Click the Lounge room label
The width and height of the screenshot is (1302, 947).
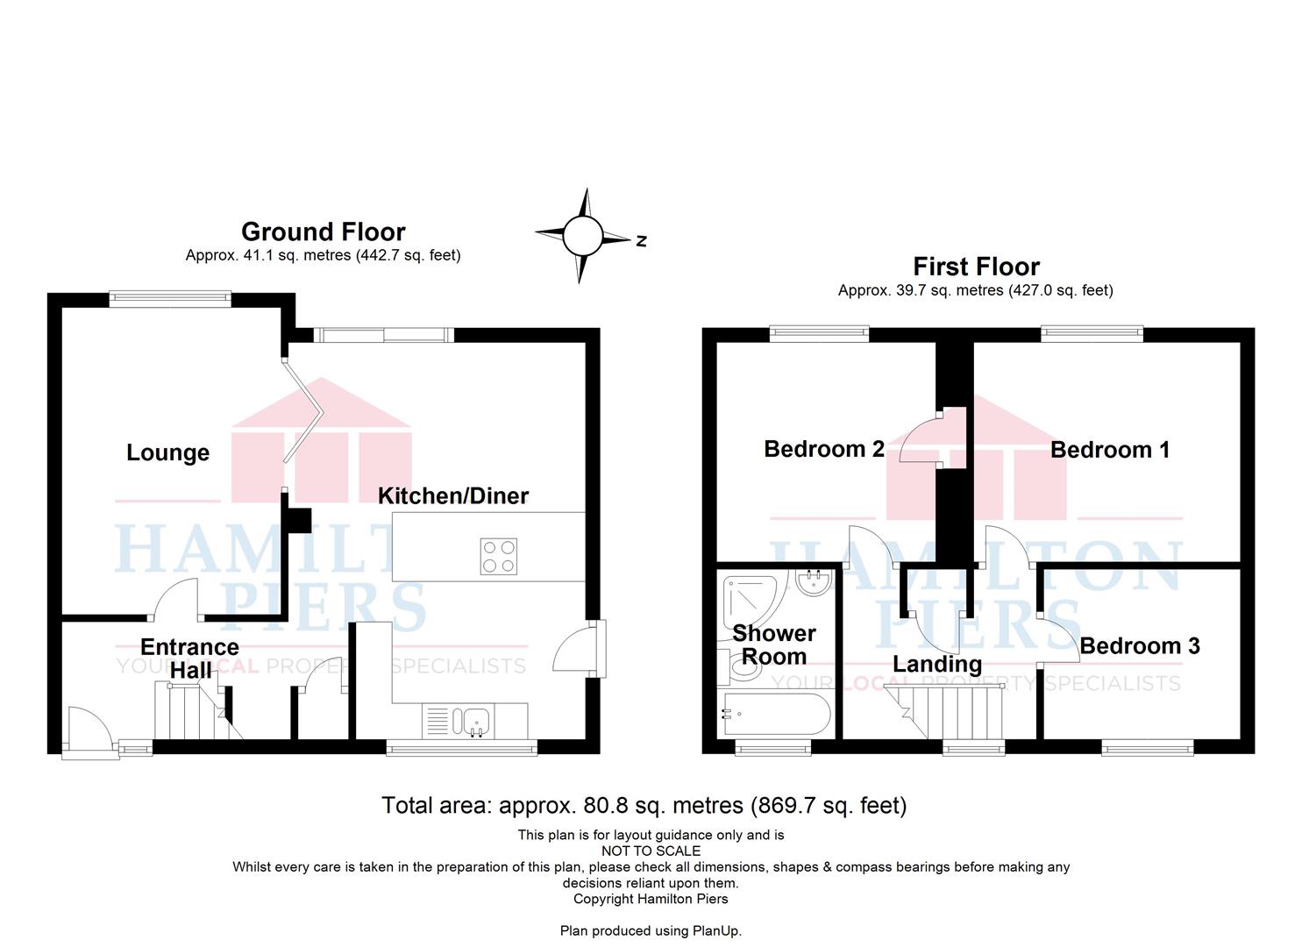[168, 452]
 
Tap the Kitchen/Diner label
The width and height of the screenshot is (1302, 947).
[453, 496]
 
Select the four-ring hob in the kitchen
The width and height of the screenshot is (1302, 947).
[499, 557]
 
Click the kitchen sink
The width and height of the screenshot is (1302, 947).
[475, 721]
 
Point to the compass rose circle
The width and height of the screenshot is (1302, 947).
[582, 236]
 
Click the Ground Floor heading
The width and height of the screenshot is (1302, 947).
[324, 232]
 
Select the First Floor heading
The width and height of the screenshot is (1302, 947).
[977, 267]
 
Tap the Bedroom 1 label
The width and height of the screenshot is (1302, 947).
[1110, 450]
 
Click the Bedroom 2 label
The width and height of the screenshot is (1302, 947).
[824, 449]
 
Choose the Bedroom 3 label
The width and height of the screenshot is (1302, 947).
[1140, 646]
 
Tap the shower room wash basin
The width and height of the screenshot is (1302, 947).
[815, 583]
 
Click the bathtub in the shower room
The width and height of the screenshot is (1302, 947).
[775, 715]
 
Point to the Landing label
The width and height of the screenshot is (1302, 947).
[937, 664]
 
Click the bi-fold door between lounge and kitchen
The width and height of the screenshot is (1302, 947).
[303, 411]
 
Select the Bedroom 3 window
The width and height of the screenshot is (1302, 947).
[1148, 747]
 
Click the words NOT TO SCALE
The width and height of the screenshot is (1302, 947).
[651, 851]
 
